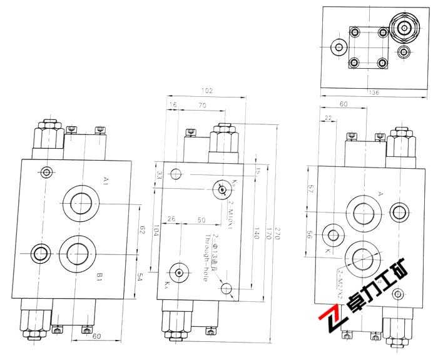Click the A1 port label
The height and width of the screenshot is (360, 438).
click(x=106, y=181)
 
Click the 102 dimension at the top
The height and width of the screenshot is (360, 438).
click(x=207, y=91)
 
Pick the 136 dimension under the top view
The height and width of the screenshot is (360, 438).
click(x=374, y=94)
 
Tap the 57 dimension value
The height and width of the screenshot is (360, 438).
click(x=310, y=189)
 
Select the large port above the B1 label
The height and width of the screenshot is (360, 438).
click(x=78, y=252)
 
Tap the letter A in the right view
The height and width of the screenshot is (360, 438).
click(x=380, y=194)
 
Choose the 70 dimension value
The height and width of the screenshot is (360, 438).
click(x=201, y=106)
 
